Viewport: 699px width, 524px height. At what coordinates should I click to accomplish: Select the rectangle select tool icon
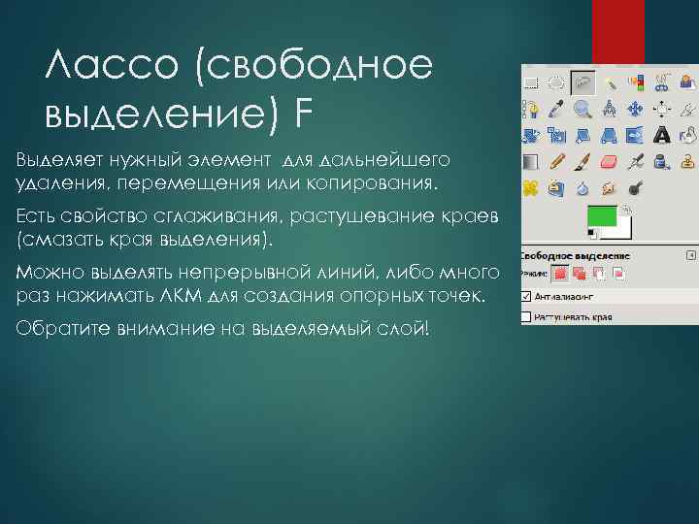click(532, 83)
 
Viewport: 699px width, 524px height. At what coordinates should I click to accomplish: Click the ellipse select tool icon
click(557, 83)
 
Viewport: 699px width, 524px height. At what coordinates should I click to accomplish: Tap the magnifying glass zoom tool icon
click(583, 109)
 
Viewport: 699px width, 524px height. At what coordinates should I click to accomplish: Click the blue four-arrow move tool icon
click(636, 109)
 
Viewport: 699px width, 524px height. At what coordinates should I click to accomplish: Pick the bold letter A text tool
click(662, 135)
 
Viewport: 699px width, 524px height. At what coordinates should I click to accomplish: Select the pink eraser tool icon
click(610, 161)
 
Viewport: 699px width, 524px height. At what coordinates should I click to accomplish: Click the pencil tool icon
click(557, 161)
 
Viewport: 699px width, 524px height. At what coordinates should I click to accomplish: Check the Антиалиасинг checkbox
click(527, 296)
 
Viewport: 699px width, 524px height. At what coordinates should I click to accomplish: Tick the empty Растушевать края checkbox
click(527, 316)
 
